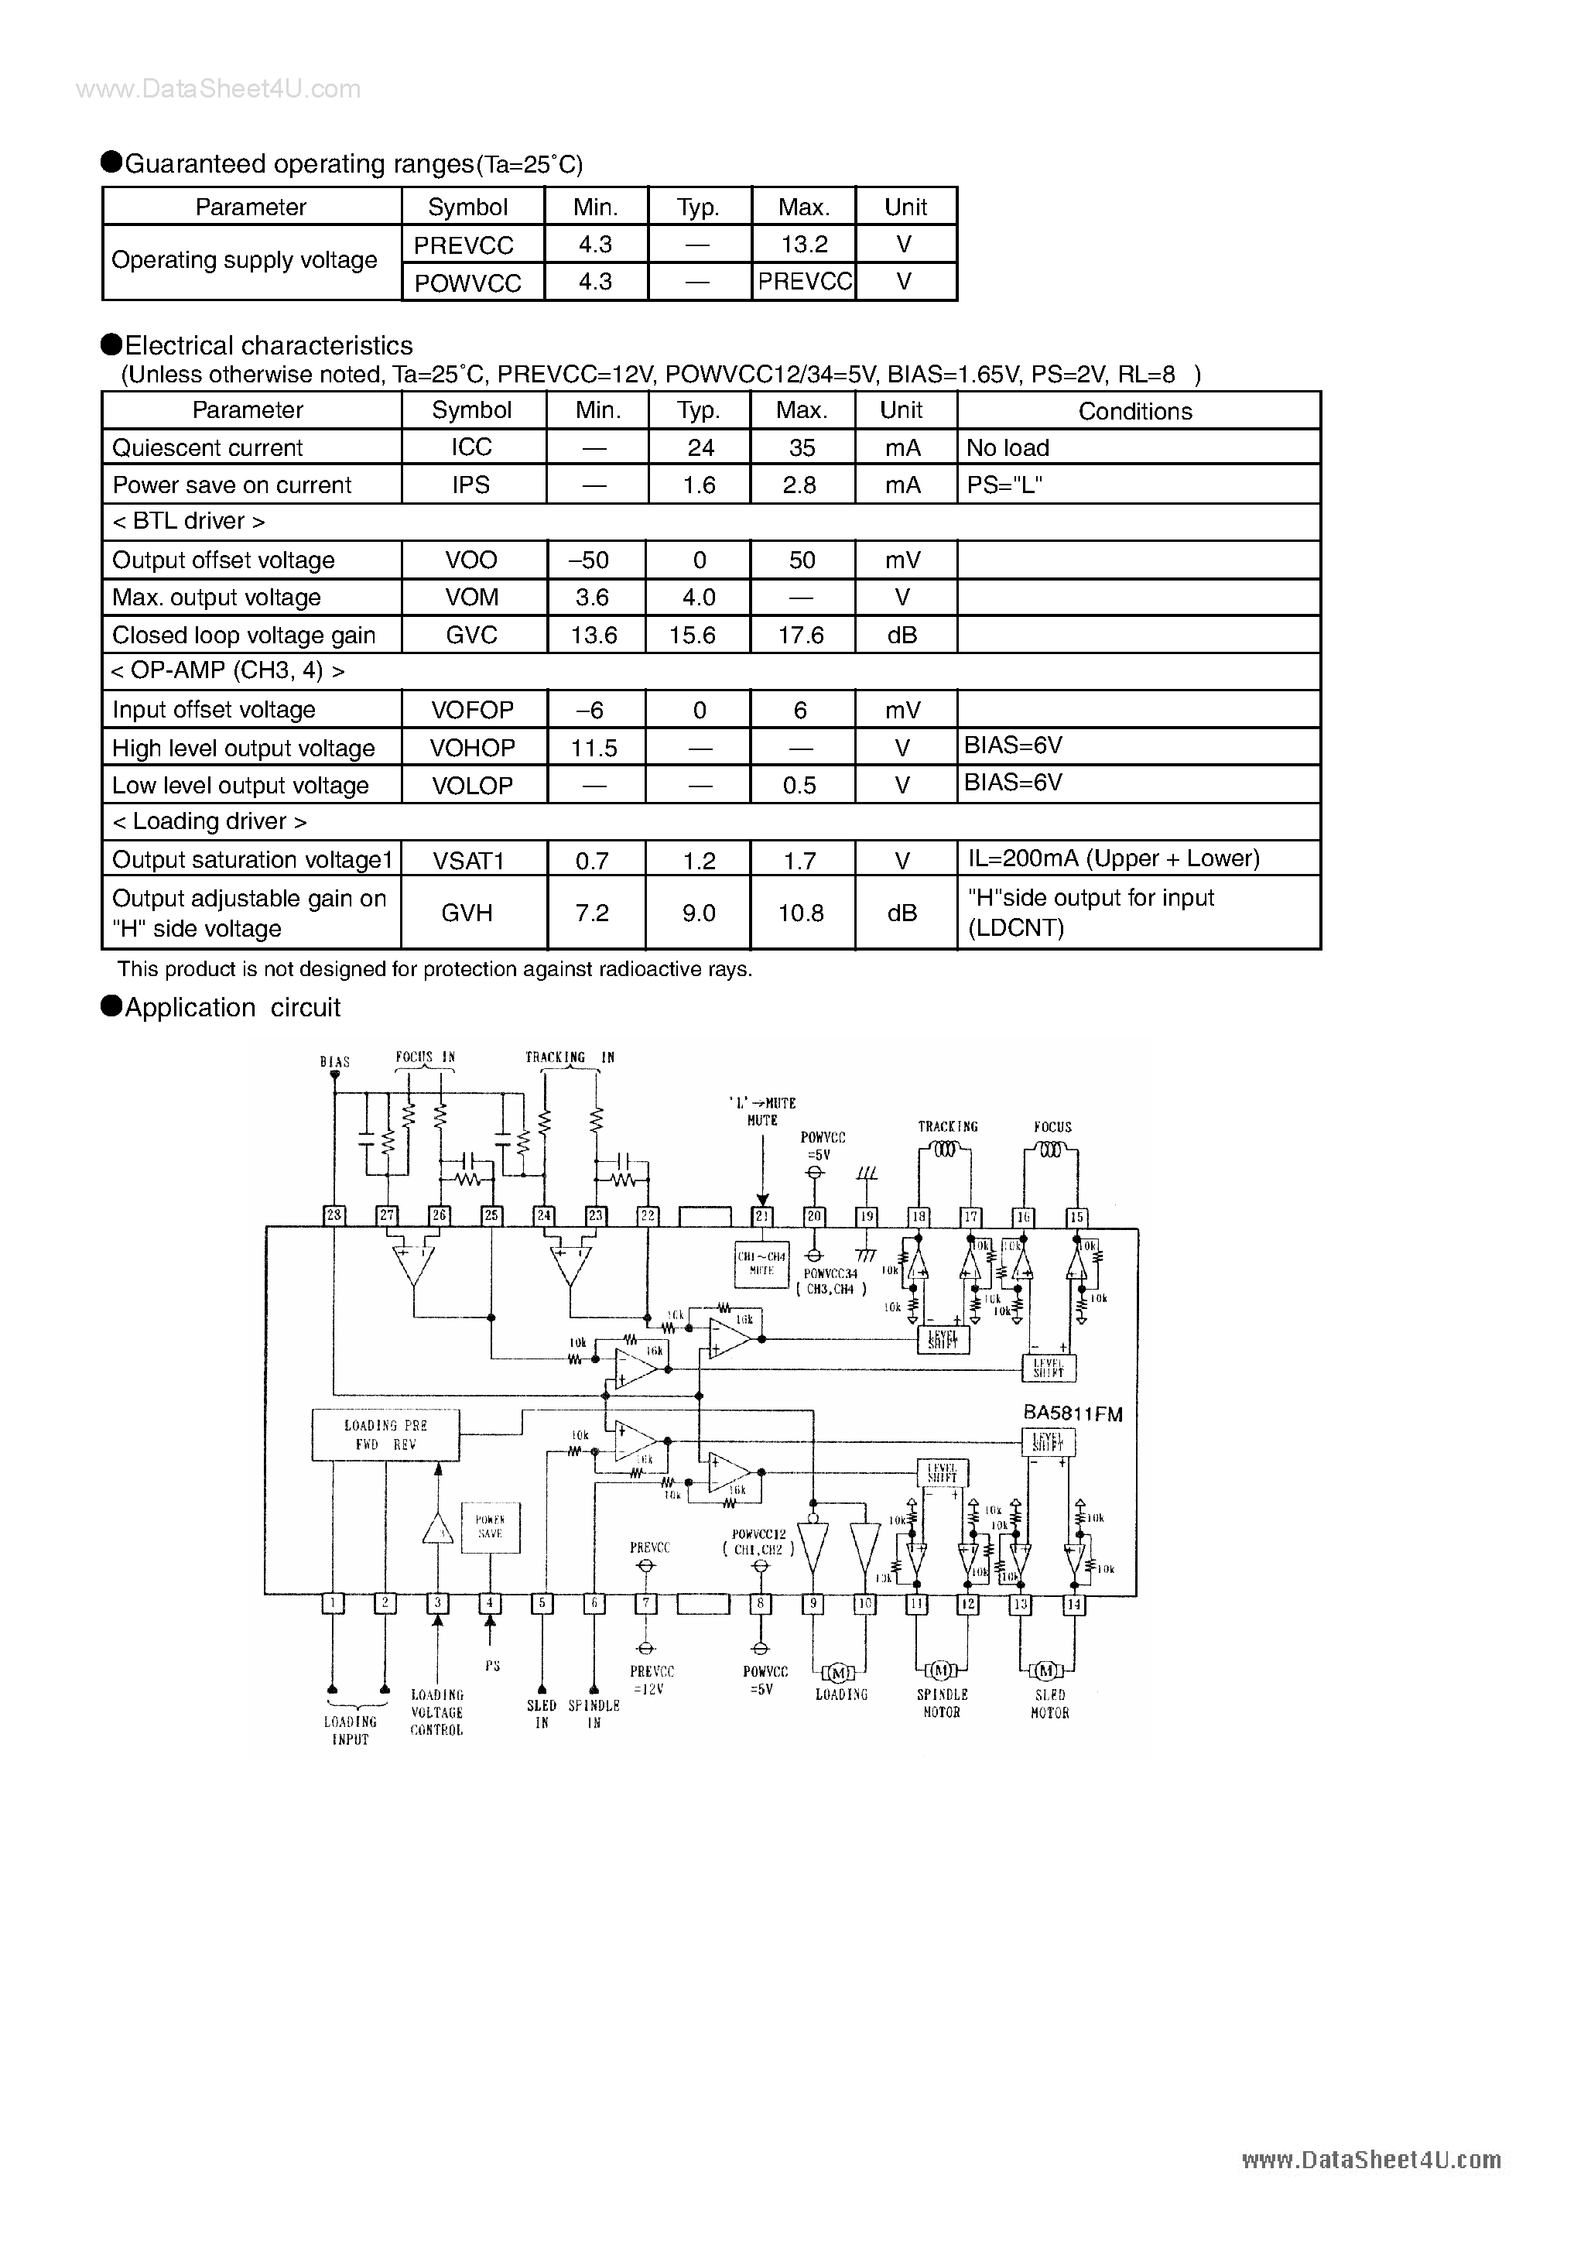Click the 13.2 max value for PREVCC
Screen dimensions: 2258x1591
tap(803, 244)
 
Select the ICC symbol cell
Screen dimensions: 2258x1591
tap(471, 447)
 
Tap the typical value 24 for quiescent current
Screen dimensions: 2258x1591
tap(700, 447)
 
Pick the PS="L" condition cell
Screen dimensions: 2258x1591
tap(1003, 485)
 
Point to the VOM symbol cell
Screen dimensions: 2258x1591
tap(471, 597)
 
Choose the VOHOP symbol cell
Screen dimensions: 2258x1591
tap(472, 748)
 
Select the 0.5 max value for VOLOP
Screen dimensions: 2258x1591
tap(799, 786)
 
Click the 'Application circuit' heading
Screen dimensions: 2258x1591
tap(232, 1007)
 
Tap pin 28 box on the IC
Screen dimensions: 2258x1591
tap(334, 1215)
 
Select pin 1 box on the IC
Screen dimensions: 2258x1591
tap(334, 1603)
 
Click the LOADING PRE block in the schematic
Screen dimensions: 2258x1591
tap(385, 1435)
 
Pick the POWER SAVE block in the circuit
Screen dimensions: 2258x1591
tap(490, 1527)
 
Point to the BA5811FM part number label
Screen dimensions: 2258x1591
tap(1073, 1413)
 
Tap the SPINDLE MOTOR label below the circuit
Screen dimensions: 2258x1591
tap(942, 1703)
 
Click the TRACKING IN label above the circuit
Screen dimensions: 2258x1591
tap(570, 1058)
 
